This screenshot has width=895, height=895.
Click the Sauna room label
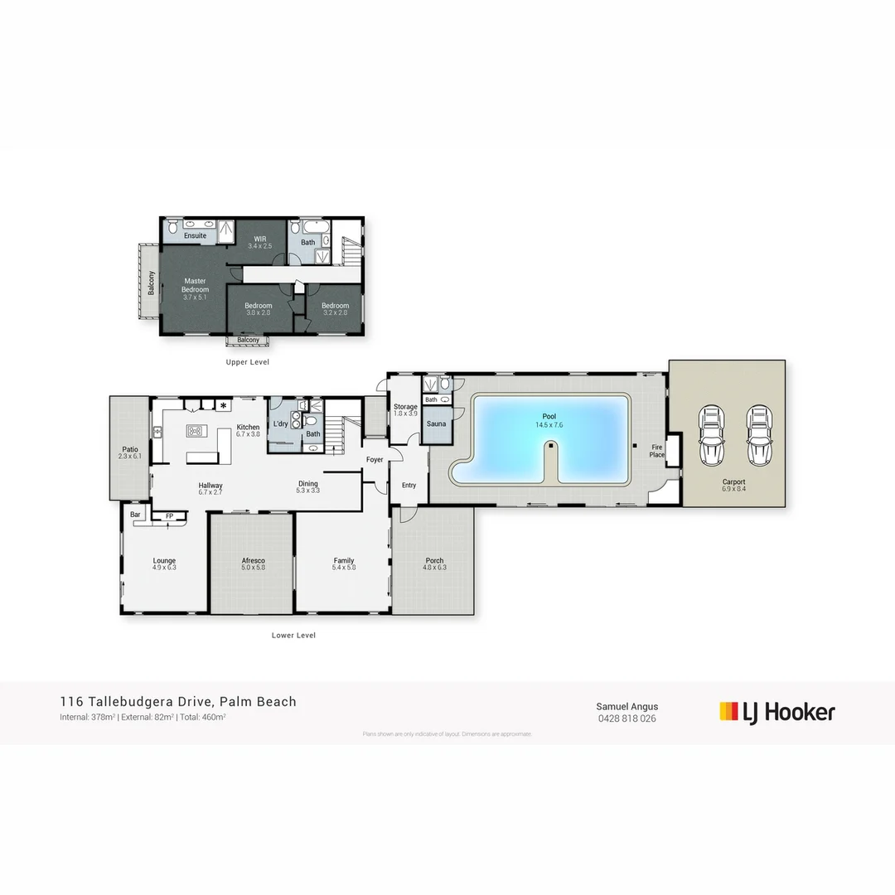coord(436,423)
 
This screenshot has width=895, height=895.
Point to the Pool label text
coord(549,416)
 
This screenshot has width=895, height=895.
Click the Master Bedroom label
coord(196,285)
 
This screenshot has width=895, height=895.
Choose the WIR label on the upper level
coord(259,239)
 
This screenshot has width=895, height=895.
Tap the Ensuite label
coord(196,235)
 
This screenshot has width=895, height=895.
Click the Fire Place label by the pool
coord(657,450)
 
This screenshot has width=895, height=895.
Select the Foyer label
coord(375,459)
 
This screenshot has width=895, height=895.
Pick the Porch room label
coord(435,560)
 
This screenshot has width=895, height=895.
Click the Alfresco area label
coord(253,561)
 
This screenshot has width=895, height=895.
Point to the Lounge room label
coord(164,561)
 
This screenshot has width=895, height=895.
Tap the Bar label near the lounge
coord(135,515)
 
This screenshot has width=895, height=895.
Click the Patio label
coord(130,449)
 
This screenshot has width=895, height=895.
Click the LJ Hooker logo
coord(776,712)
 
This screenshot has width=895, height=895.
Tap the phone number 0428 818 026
coord(626,718)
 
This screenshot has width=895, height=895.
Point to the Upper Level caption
coord(248,362)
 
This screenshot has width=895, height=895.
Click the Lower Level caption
coord(293,636)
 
